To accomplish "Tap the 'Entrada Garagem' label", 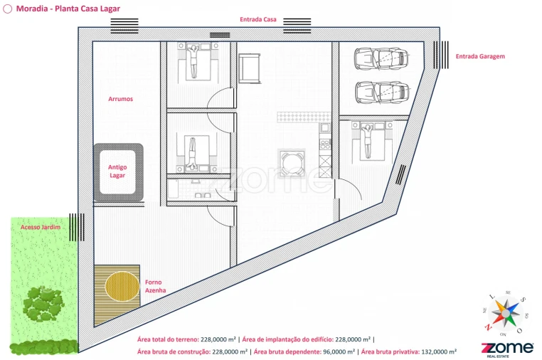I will [x=480, y=56].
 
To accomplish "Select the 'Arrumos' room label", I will [x=120, y=99].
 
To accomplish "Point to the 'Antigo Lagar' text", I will [x=117, y=171].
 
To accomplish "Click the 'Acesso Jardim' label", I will [x=41, y=227].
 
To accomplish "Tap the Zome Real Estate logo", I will [x=507, y=349].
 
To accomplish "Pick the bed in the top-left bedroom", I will [x=193, y=61].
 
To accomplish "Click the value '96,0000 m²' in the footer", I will [x=334, y=351].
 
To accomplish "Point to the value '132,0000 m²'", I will [x=435, y=351].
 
